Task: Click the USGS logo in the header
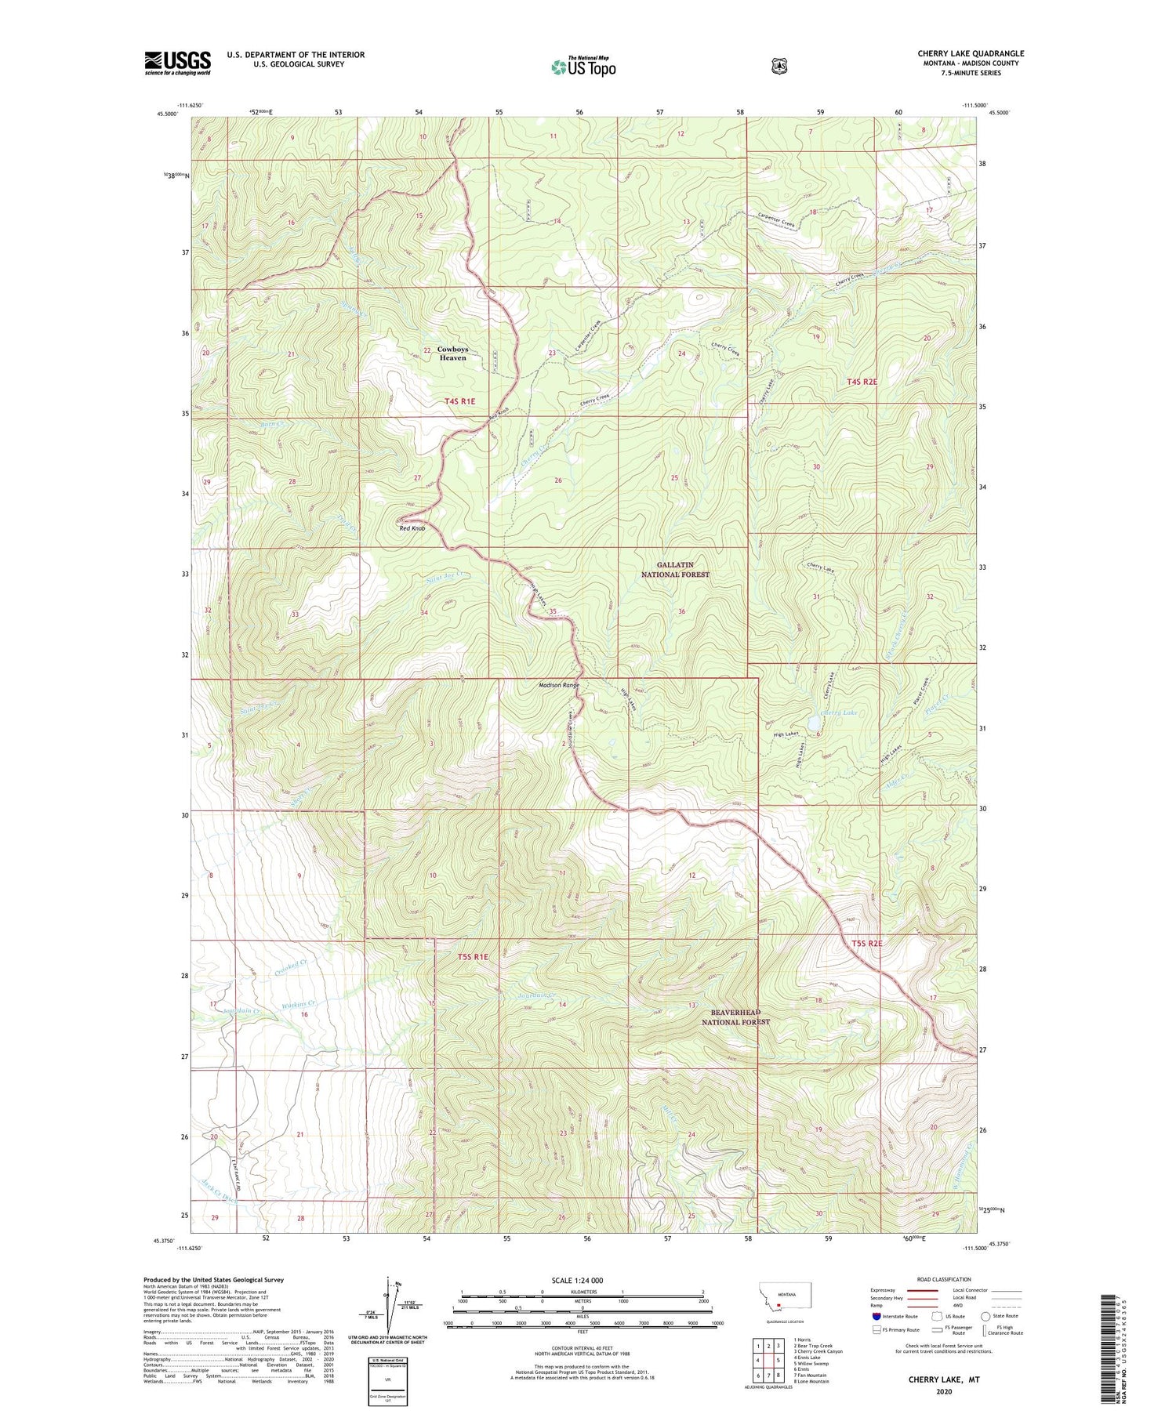177,62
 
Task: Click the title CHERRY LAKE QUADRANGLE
971,53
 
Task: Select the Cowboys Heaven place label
452,353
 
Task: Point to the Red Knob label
412,528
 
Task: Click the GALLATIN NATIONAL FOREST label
675,569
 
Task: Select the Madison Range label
559,685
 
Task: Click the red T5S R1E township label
472,956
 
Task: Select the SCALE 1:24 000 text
577,1280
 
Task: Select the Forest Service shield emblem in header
779,67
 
